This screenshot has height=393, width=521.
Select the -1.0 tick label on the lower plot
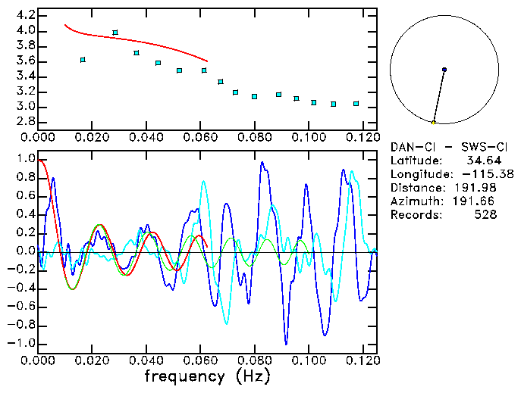pos(21,343)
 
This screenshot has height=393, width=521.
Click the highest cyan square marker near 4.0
pos(115,33)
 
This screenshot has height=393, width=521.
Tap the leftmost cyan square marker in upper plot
pos(83,60)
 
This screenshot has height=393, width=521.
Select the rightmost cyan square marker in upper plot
pos(356,104)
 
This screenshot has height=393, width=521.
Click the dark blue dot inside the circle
pos(444,70)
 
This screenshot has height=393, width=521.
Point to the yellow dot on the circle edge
pos(433,122)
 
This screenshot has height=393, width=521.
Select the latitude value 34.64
pos(482,161)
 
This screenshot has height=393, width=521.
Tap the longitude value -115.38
pos(478,174)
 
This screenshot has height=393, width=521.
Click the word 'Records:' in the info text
pos(414,215)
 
